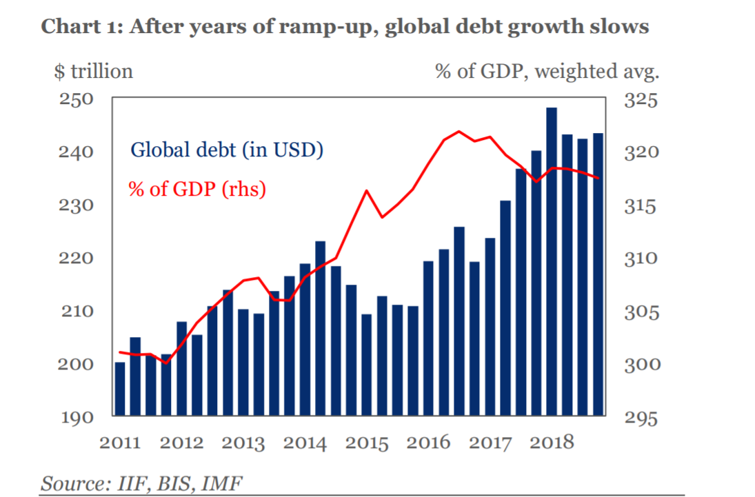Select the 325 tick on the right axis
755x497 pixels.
[x=641, y=99]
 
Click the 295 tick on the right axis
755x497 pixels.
[x=641, y=418]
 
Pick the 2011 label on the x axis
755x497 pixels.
[x=121, y=442]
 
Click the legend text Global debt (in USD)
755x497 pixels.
[x=227, y=150]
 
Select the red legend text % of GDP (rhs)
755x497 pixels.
[x=197, y=188]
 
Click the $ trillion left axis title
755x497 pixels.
[x=93, y=70]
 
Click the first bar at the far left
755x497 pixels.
[x=119, y=388]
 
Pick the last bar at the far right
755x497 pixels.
[x=598, y=274]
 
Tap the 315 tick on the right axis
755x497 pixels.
[x=641, y=205]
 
